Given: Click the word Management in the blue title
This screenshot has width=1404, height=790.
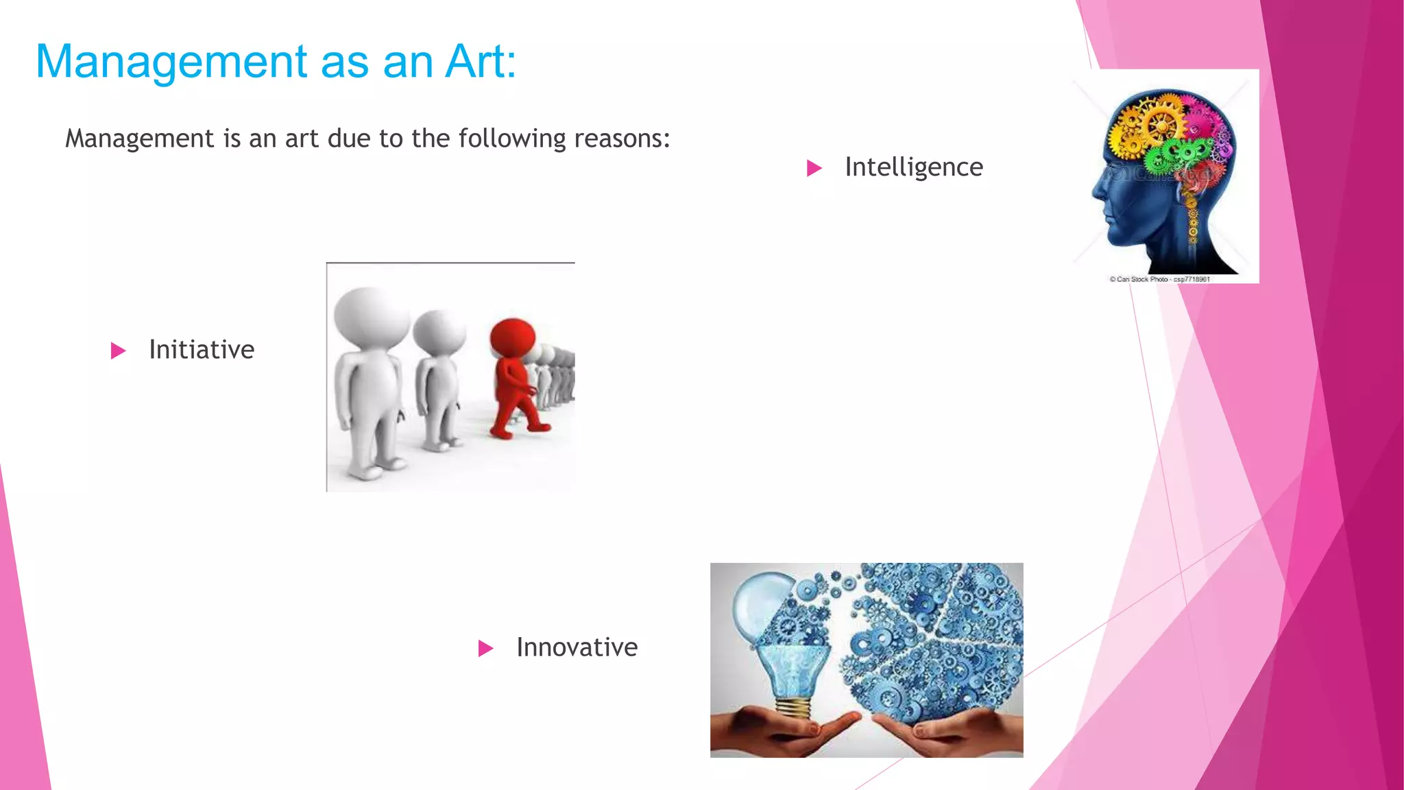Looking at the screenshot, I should pyautogui.click(x=171, y=62).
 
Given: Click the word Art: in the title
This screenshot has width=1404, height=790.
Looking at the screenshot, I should pyautogui.click(x=480, y=62).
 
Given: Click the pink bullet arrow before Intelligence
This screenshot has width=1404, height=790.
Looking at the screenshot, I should pyautogui.click(x=814, y=168).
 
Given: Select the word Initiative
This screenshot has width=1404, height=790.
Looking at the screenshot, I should pyautogui.click(x=202, y=350).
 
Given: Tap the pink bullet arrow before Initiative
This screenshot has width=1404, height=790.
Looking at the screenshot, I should pyautogui.click(x=118, y=351).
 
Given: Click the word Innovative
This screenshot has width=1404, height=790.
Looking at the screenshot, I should pyautogui.click(x=577, y=647).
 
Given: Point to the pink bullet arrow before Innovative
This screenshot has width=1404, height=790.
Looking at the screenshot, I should pyautogui.click(x=485, y=648).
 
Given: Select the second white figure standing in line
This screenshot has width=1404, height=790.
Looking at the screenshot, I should pyautogui.click(x=437, y=377).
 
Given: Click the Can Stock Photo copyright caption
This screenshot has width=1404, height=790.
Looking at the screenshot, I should pyautogui.click(x=1159, y=279).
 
